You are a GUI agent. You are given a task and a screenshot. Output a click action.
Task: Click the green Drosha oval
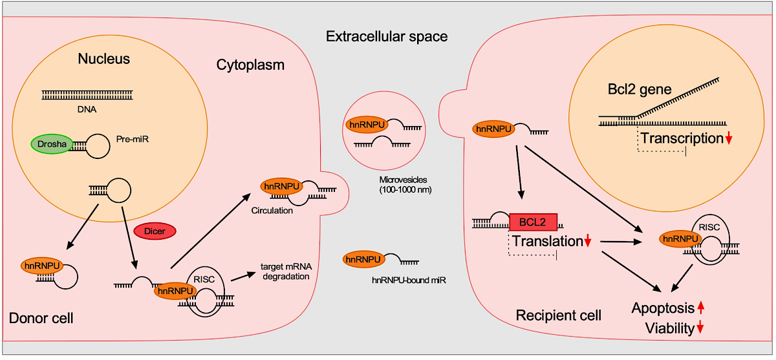tap(52, 143)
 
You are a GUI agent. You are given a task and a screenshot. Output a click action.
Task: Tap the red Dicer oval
tap(155, 231)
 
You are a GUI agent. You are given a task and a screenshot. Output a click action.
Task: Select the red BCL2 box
tap(533, 222)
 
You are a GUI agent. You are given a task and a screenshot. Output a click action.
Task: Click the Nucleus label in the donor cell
tap(103, 59)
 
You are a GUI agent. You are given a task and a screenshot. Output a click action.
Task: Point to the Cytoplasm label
tap(250, 65)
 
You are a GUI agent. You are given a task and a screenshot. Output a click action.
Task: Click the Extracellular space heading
tap(387, 36)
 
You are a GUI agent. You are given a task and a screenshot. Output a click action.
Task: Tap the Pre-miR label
tap(133, 139)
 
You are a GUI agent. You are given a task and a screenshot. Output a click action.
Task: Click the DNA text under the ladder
tap(87, 109)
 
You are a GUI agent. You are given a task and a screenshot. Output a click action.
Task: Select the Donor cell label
tap(41, 318)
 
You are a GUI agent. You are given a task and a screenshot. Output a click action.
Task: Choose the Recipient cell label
tap(559, 315)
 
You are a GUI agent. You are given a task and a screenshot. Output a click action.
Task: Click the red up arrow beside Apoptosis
tap(701, 308)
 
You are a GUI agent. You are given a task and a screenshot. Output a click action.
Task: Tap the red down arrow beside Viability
tap(700, 327)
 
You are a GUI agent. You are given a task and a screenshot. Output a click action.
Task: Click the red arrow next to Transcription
tap(729, 138)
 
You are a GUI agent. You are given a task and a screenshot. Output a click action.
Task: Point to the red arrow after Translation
tap(588, 240)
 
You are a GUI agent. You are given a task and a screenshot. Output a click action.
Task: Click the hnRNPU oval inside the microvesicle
tap(367, 125)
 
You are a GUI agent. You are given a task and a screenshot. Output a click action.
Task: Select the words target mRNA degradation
tap(286, 271)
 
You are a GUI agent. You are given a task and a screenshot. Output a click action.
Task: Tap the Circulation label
tap(272, 211)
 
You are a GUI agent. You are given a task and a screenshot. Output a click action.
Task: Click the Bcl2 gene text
tap(640, 89)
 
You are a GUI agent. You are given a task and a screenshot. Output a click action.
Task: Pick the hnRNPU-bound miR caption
tap(409, 280)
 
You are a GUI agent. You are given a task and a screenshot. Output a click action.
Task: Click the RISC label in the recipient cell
tap(709, 228)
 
